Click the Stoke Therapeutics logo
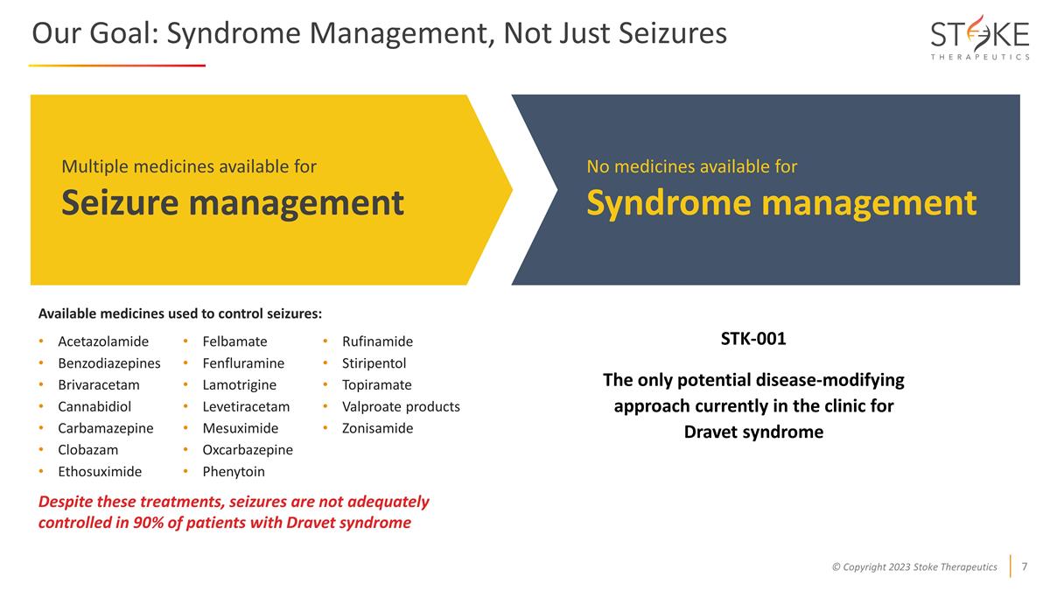979,38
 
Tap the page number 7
1024,566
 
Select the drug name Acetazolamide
103,341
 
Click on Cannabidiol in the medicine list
94,406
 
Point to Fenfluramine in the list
243,362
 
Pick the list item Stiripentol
374,362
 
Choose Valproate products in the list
400,406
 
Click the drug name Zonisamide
377,428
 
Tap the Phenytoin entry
234,471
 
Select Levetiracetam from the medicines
246,406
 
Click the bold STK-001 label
753,339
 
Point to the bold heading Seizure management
232,203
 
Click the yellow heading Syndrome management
780,203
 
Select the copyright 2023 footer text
913,566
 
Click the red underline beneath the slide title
116,66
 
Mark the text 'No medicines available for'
691,166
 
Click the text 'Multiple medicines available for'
188,166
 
